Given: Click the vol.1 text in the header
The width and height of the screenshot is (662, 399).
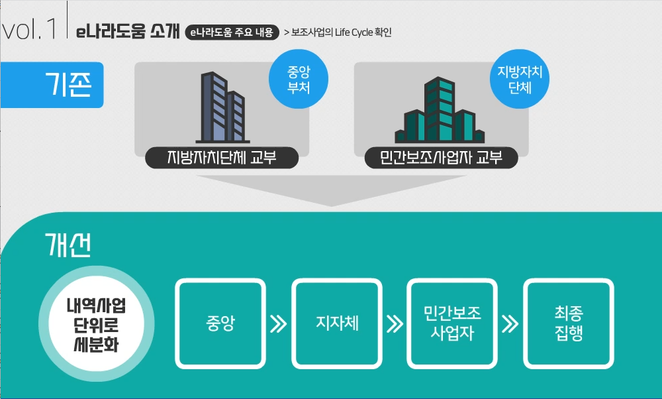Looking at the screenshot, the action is tap(30, 30).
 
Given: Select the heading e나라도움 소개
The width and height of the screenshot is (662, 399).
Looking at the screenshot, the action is tap(128, 31).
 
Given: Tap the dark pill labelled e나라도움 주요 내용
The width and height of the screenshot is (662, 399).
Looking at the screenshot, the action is tap(230, 32).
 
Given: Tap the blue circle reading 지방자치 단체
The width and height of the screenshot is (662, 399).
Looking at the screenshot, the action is tap(519, 80).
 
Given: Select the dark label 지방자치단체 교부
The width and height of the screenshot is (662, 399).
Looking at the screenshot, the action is tap(222, 158).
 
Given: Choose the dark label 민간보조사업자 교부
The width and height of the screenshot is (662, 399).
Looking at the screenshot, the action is tap(441, 158).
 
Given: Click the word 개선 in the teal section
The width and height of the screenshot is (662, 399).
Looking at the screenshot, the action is tap(68, 246).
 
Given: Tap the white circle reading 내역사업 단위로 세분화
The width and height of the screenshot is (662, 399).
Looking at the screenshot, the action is tap(96, 325).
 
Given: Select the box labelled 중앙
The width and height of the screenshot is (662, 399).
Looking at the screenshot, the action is tap(220, 324).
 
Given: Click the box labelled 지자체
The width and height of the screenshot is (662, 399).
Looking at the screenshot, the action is tap(337, 324).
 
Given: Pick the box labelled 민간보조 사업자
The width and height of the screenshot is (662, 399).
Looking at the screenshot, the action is tap(452, 323).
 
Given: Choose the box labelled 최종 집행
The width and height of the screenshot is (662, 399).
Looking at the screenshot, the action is tap(569, 323).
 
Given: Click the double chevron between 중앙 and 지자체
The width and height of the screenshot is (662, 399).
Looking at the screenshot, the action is tap(279, 324).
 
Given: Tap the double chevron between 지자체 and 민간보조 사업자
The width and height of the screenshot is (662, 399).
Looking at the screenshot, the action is tap(395, 324).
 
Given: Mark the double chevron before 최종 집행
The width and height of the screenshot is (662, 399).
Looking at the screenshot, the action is tap(510, 324).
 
